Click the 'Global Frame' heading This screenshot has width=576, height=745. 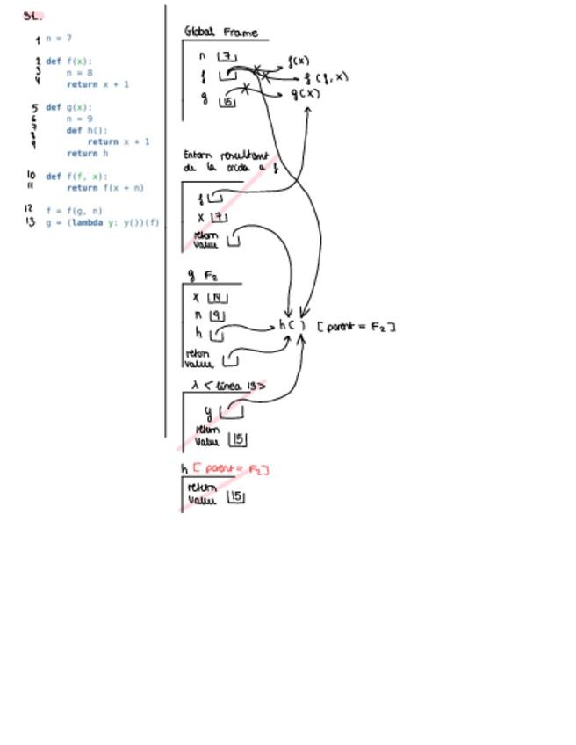coord(221,33)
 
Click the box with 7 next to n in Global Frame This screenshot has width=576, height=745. coord(227,57)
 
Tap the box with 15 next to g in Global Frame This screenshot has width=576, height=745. coord(227,102)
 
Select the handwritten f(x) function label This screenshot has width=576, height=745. coord(299,61)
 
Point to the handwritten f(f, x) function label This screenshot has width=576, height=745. coord(326,78)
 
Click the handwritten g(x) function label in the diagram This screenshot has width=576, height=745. coord(306,94)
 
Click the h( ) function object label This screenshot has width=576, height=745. coord(292,325)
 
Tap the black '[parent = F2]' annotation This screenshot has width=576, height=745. coord(356,327)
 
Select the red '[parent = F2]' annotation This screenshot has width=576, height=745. coord(230,469)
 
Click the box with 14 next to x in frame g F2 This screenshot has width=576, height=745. coord(217,298)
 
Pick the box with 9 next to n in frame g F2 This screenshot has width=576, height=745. coord(217,315)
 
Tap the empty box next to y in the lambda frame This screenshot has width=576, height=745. coord(231,411)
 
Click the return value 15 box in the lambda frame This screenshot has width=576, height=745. coord(237,439)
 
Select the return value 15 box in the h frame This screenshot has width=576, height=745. coord(235,497)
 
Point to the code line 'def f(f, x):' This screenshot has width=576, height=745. coord(76,177)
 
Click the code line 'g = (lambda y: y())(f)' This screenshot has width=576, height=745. coord(102,222)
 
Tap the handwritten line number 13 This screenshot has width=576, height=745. coord(31,222)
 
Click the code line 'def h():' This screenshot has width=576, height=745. coord(87,130)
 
